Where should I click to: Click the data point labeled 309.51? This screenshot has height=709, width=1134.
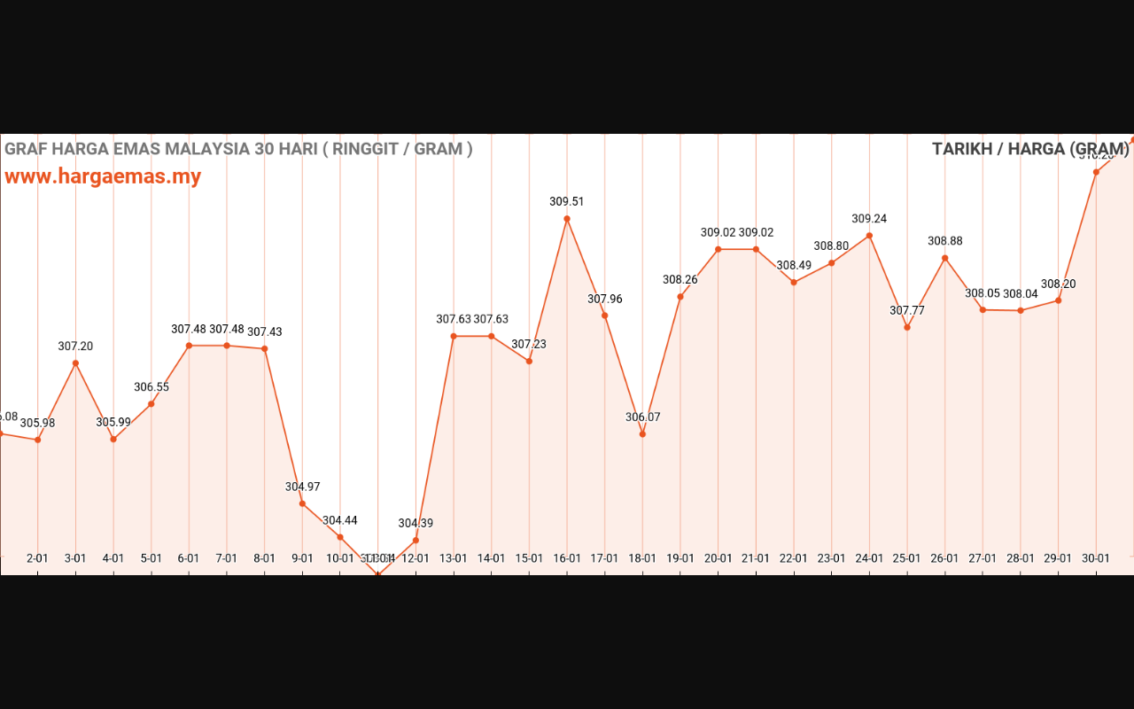(567, 219)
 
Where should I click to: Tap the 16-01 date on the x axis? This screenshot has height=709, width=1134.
(567, 558)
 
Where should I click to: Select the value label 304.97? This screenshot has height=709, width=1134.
(303, 487)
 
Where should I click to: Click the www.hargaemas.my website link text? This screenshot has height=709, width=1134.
(103, 176)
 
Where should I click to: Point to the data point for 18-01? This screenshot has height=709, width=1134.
(642, 433)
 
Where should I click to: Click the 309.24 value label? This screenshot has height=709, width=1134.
(869, 219)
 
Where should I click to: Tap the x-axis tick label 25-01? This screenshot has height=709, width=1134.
(907, 558)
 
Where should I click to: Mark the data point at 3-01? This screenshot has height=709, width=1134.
(75, 363)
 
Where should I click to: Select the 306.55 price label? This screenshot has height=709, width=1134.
(151, 387)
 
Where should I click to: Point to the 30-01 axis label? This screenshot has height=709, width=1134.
(1096, 558)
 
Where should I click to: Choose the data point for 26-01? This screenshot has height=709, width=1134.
(945, 258)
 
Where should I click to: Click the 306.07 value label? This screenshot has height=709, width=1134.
(643, 417)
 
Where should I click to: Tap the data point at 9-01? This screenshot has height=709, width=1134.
(302, 503)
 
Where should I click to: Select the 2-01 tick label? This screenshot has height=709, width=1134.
(37, 558)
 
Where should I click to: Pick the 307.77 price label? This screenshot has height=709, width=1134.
(907, 311)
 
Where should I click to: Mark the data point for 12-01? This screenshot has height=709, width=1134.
(416, 540)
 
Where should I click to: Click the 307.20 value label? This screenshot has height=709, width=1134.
(75, 347)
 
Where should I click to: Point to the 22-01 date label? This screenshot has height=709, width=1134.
(794, 558)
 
